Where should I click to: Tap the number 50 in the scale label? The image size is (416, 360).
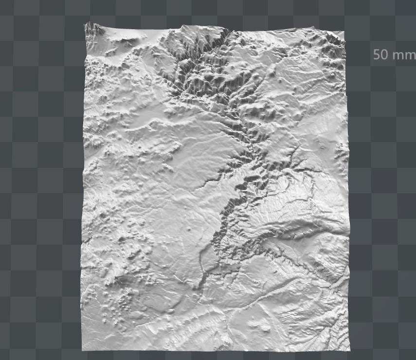click(x=380, y=54)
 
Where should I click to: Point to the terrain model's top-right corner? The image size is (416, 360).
click(x=344, y=33)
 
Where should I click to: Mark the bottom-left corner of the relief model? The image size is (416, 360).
click(x=82, y=349)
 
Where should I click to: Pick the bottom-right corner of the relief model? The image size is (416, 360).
click(x=349, y=350)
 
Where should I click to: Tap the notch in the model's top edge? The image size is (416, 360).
click(x=229, y=32)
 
